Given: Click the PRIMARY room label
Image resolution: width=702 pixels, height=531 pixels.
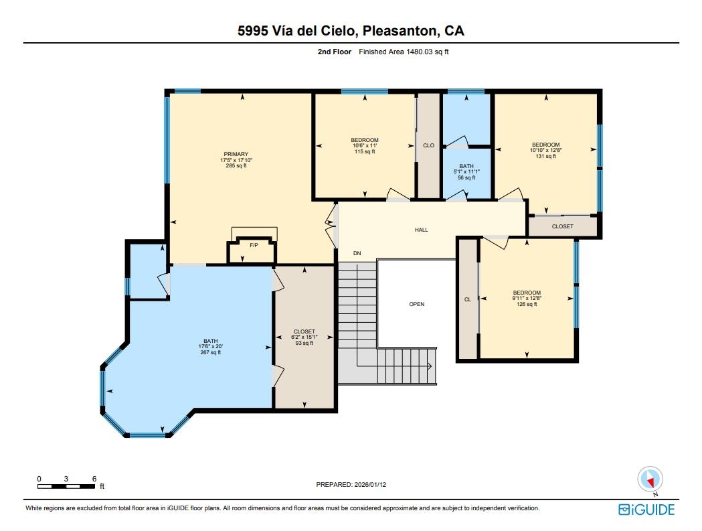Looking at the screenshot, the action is pos(236,154).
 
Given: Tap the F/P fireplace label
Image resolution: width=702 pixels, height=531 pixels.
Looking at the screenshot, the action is pos(254,245).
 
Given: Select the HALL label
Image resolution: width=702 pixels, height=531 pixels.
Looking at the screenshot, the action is pos(422,230).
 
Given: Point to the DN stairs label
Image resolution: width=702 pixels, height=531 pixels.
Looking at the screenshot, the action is pos(357,253).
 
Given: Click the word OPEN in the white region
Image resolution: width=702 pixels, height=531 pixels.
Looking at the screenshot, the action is pos(417,304).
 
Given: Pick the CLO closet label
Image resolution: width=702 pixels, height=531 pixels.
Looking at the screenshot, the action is pos(428,145).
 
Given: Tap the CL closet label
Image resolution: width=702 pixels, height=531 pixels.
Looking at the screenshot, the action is pos(467,299).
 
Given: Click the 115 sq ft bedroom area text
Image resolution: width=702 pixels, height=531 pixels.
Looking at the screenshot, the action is pos(365,151).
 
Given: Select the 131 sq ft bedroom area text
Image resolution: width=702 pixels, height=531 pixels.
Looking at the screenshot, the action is pos(546,157).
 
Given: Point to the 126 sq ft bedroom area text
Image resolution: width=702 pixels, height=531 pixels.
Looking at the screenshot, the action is pos(527,304).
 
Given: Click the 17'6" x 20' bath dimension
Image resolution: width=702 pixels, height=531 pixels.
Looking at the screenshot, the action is pos(210,346).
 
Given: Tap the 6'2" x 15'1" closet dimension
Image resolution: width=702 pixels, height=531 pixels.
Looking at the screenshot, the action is pos(304,337).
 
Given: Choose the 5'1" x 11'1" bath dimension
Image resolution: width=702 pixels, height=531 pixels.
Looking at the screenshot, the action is pos(466,171).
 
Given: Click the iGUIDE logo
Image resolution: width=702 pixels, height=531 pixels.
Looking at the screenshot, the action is pos(646,510).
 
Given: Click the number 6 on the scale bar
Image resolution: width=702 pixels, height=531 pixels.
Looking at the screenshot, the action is pos(94,479).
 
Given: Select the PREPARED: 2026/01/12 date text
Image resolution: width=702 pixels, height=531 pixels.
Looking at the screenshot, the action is pos(351,484).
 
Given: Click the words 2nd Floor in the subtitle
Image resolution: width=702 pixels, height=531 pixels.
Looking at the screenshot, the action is pos(335,52).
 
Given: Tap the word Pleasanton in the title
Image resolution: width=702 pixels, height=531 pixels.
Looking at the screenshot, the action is pos(400,31).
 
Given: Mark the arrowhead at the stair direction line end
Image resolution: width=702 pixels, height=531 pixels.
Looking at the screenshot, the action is pos(430,366).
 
